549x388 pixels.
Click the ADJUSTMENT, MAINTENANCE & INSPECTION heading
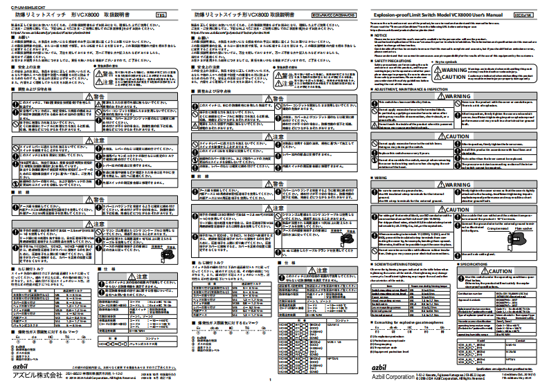tap(415, 90)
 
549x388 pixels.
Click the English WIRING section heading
tap(379, 176)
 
